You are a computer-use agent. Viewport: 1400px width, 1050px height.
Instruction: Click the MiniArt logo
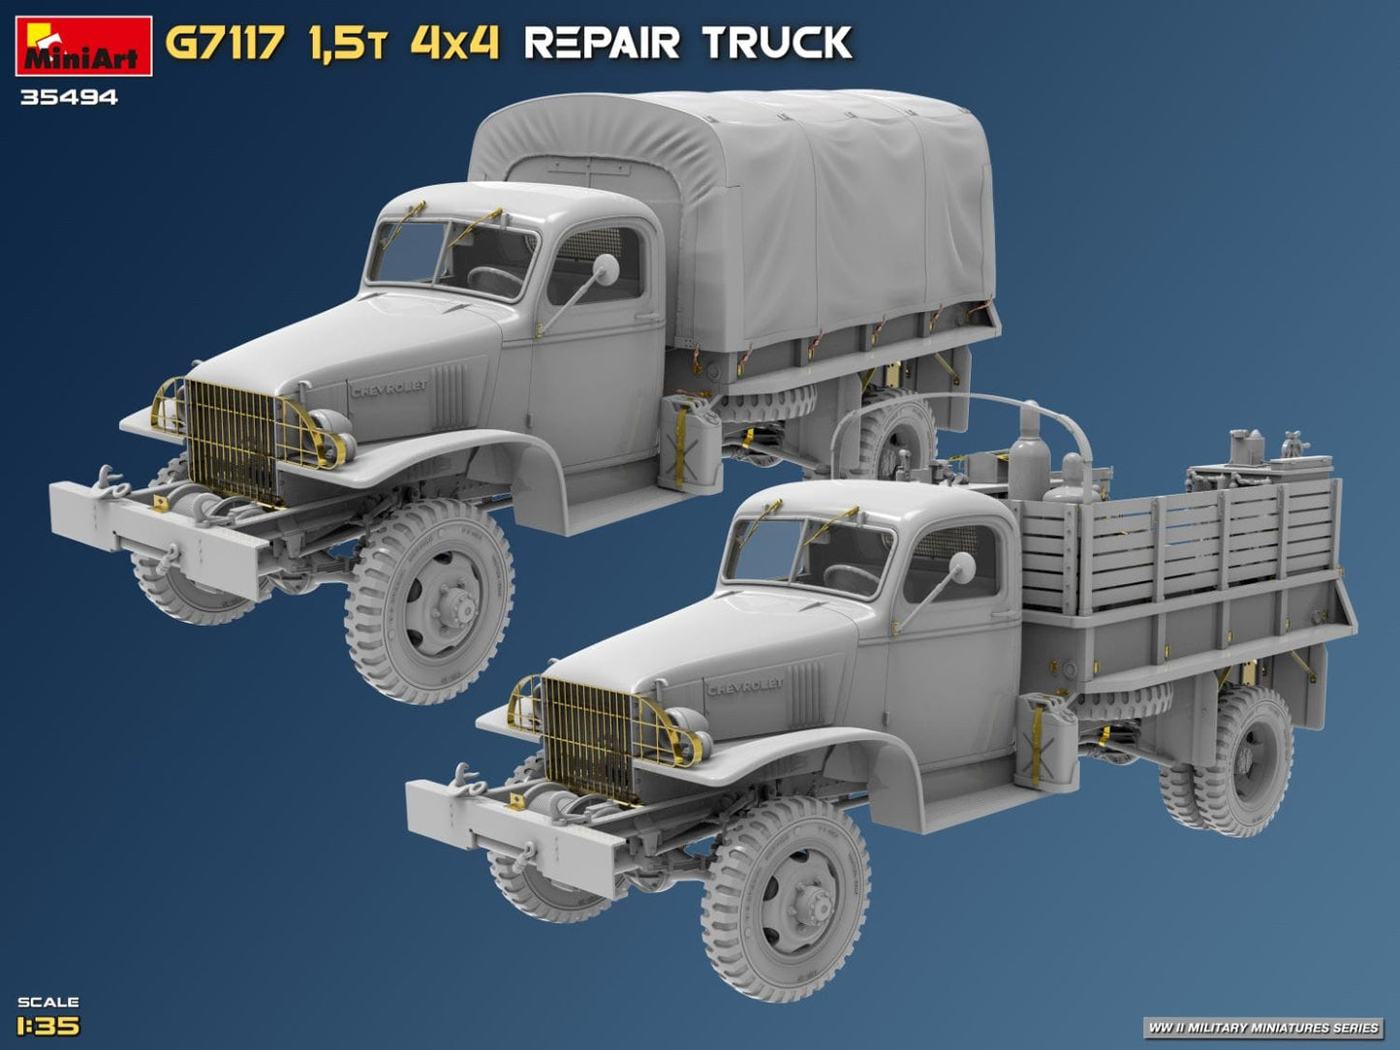(x=83, y=46)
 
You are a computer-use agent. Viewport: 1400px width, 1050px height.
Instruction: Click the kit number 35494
(x=68, y=97)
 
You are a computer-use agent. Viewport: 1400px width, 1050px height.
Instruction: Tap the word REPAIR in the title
(x=601, y=44)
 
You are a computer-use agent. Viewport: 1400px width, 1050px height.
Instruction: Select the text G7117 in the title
(x=225, y=44)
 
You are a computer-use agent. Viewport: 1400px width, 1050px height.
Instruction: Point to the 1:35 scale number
(x=48, y=1025)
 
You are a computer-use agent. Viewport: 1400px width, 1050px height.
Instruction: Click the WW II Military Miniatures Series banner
(x=1262, y=1027)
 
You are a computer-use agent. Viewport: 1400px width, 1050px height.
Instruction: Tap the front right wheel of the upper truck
(x=429, y=601)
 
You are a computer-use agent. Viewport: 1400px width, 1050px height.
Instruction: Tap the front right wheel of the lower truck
(x=786, y=898)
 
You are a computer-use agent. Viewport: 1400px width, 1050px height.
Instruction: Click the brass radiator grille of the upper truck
(x=231, y=439)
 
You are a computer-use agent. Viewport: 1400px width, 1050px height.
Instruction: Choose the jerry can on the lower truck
(x=1044, y=742)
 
